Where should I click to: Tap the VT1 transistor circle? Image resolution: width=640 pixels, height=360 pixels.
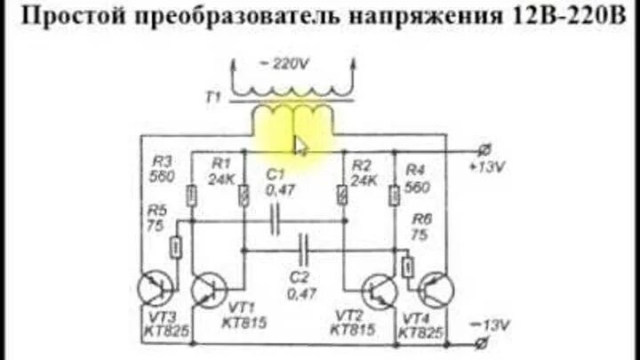coord(210,289)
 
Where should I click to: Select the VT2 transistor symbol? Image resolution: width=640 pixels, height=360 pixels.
coord(380,289)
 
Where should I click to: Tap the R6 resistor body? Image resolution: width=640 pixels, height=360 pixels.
coord(408,267)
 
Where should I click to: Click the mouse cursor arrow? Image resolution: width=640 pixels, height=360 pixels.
coord(300,145)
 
